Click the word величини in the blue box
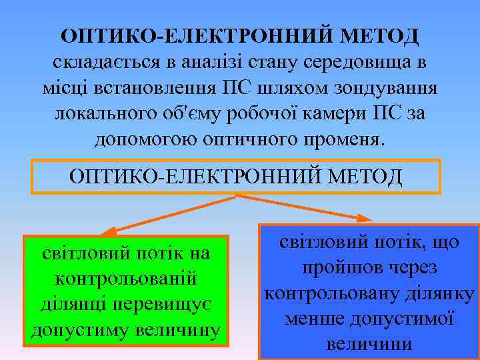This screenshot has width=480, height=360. (x=369, y=344)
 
